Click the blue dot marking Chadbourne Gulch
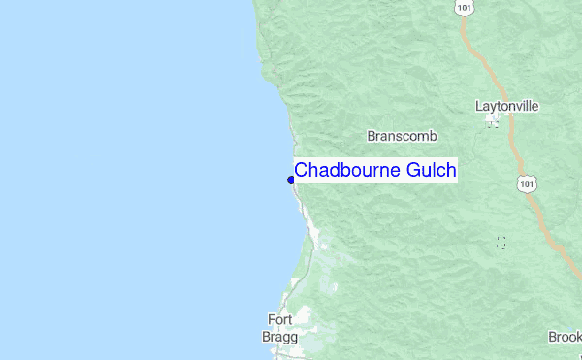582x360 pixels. pyautogui.click(x=291, y=179)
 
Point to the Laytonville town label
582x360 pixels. pyautogui.click(x=507, y=106)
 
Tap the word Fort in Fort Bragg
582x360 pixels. pyautogui.click(x=280, y=319)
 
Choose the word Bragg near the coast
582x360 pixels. pyautogui.click(x=280, y=336)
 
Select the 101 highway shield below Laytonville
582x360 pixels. pyautogui.click(x=526, y=183)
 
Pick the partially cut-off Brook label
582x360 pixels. pyautogui.click(x=565, y=337)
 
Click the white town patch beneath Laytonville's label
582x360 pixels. pyautogui.click(x=494, y=121)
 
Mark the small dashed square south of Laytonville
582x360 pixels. pyautogui.click(x=501, y=243)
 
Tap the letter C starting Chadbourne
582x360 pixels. pyautogui.click(x=301, y=171)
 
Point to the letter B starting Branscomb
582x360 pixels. pyautogui.click(x=372, y=137)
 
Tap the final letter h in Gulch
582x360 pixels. pyautogui.click(x=451, y=171)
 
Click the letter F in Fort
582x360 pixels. pyautogui.click(x=272, y=319)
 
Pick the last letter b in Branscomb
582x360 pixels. pyautogui.click(x=424, y=137)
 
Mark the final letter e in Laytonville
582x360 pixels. pyautogui.click(x=535, y=106)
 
